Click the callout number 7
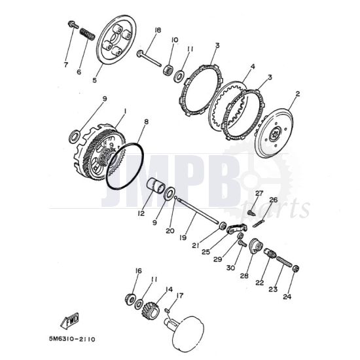(x=65, y=64)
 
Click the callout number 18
(x=158, y=31)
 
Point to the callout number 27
(x=259, y=193)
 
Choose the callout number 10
(x=175, y=41)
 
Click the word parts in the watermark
(x=287, y=209)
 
